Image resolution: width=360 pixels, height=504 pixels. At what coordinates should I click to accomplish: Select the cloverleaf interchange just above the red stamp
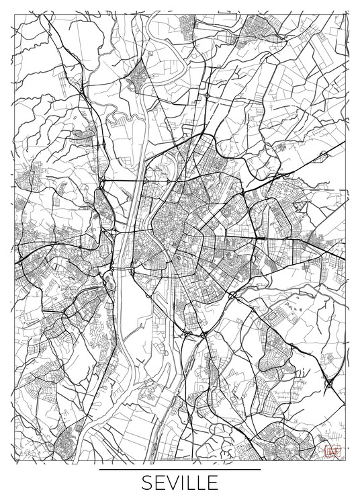330,384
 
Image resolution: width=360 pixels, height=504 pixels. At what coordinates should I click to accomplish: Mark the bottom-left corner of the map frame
14,462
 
